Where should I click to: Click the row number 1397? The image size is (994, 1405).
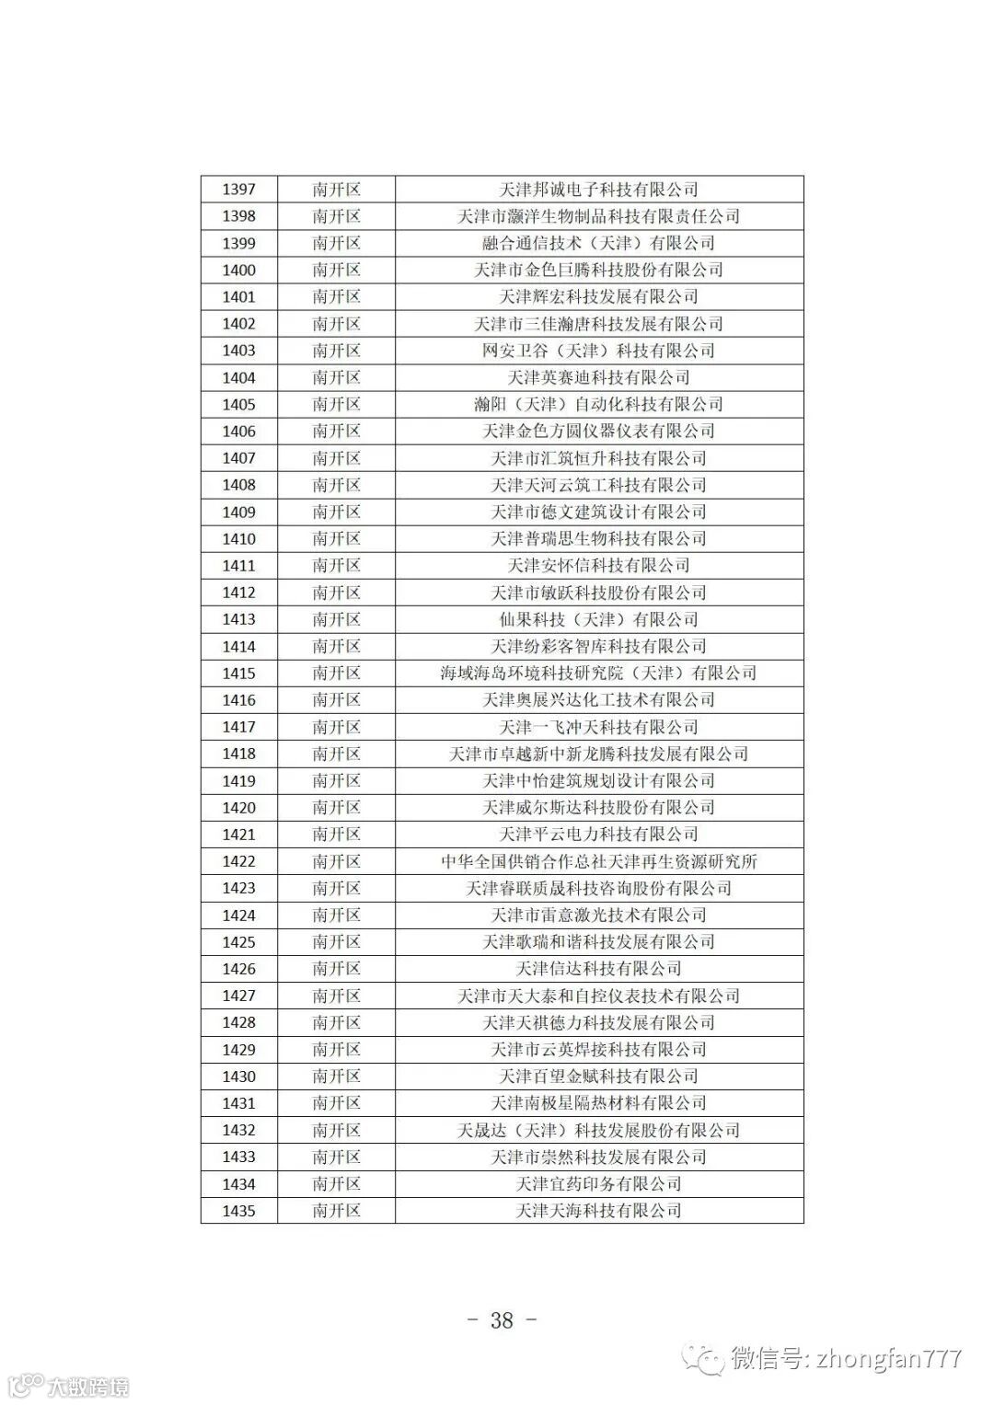click(x=238, y=190)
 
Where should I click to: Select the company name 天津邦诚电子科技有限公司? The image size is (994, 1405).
click(x=598, y=190)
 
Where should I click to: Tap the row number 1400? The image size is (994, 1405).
click(x=238, y=271)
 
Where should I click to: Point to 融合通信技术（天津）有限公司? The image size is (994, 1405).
click(x=598, y=243)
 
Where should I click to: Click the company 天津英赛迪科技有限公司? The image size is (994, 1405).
click(x=598, y=377)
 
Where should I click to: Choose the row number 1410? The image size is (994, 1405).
click(x=238, y=539)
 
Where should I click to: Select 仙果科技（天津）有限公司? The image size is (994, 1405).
click(x=598, y=619)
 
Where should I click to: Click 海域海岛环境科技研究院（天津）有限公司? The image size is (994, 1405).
click(x=598, y=674)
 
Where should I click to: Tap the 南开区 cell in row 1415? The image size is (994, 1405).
click(x=336, y=674)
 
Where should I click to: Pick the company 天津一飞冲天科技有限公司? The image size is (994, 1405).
click(x=598, y=727)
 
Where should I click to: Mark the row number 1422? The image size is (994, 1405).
click(x=238, y=861)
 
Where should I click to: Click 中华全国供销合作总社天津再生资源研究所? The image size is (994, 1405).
click(x=598, y=861)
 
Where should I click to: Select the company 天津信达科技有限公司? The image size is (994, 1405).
click(x=598, y=969)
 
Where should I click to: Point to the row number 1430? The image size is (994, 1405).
click(x=238, y=1077)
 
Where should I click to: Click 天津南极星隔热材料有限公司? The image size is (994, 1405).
click(x=598, y=1103)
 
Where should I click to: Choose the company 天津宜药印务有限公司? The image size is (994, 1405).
click(x=598, y=1184)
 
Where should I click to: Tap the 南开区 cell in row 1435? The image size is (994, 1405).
click(x=336, y=1211)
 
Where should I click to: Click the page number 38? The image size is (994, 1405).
click(x=502, y=1320)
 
